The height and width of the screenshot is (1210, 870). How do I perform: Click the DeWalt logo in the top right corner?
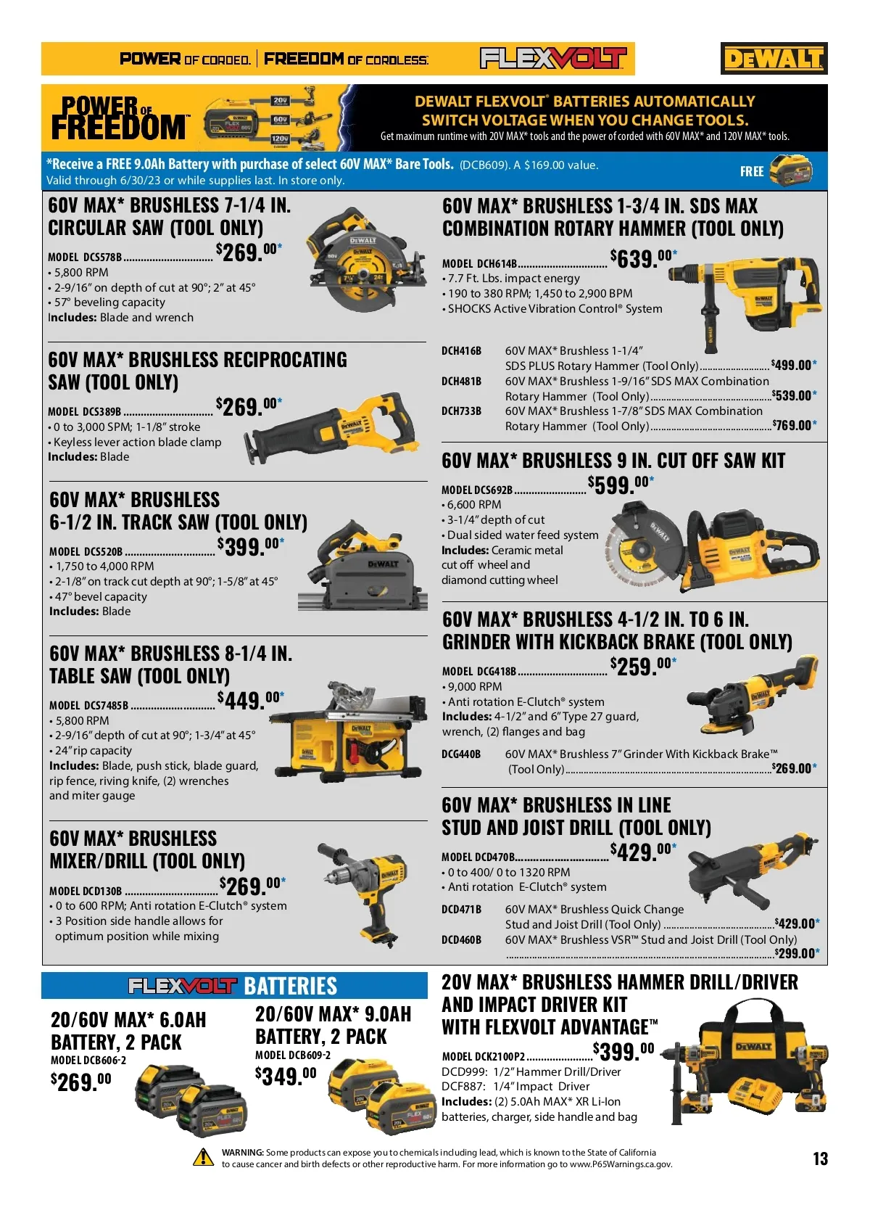click(x=774, y=58)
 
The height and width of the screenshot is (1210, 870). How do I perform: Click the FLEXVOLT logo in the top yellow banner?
click(x=552, y=58)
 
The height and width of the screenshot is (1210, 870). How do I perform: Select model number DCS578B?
click(x=102, y=257)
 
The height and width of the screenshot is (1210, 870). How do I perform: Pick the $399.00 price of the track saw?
click(x=250, y=546)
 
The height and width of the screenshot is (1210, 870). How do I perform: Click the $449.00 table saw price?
click(x=250, y=700)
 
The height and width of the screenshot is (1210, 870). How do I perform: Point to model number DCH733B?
click(x=461, y=411)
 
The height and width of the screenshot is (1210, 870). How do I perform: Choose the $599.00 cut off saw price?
click(x=621, y=485)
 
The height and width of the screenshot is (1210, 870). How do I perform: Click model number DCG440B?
click(x=461, y=754)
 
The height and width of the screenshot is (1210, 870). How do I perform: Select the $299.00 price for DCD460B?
click(x=797, y=953)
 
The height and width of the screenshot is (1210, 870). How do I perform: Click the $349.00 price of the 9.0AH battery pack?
click(x=286, y=1076)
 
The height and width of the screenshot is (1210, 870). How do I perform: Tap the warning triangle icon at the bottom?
click(x=204, y=1157)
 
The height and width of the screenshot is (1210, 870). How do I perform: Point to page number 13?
click(x=820, y=1158)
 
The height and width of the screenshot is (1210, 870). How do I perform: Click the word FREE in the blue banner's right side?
click(x=751, y=171)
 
